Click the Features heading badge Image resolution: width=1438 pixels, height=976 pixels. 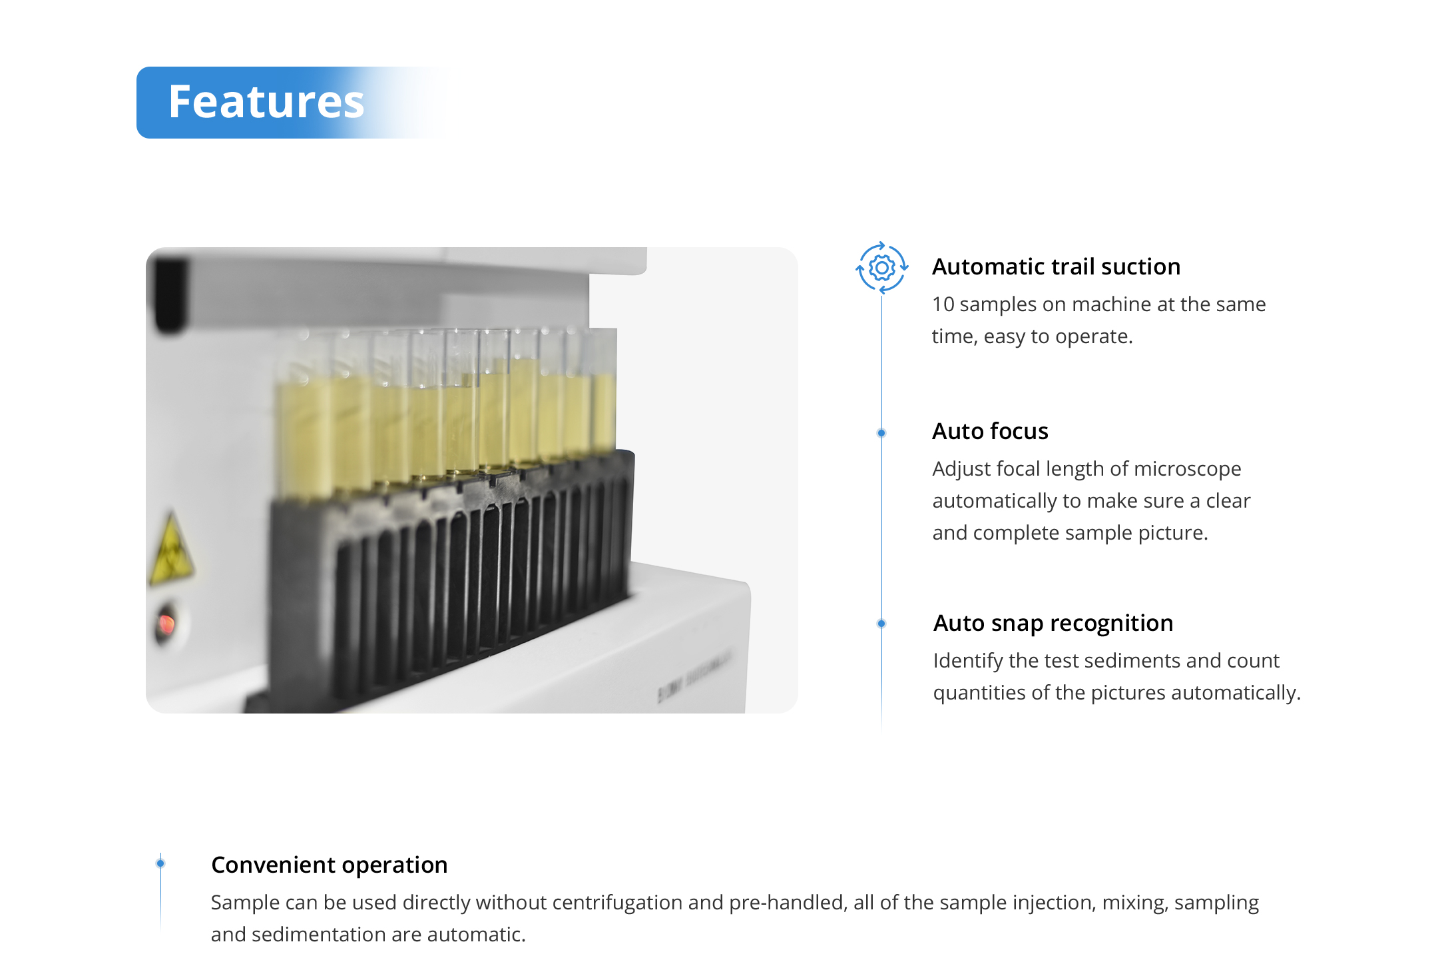[x=293, y=103]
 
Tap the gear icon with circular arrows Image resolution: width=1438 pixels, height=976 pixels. [x=881, y=268]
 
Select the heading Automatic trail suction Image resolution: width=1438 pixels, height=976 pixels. [x=1056, y=266]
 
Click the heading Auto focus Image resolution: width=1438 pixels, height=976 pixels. [x=990, y=431]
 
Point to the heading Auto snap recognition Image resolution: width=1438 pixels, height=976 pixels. [x=1053, y=624]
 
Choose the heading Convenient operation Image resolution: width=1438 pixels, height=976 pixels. [x=330, y=865]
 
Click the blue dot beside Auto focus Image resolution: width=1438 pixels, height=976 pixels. [x=881, y=433]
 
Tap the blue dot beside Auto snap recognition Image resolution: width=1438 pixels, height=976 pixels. [x=881, y=624]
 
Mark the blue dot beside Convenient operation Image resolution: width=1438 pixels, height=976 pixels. [x=160, y=863]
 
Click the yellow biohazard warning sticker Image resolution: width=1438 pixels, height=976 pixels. [x=171, y=548]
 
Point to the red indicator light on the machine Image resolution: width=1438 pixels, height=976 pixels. [x=166, y=624]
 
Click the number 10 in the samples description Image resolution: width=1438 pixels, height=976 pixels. [x=943, y=304]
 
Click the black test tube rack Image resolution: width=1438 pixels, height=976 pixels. [x=449, y=580]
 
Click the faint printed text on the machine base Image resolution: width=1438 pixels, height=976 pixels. [x=694, y=675]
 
